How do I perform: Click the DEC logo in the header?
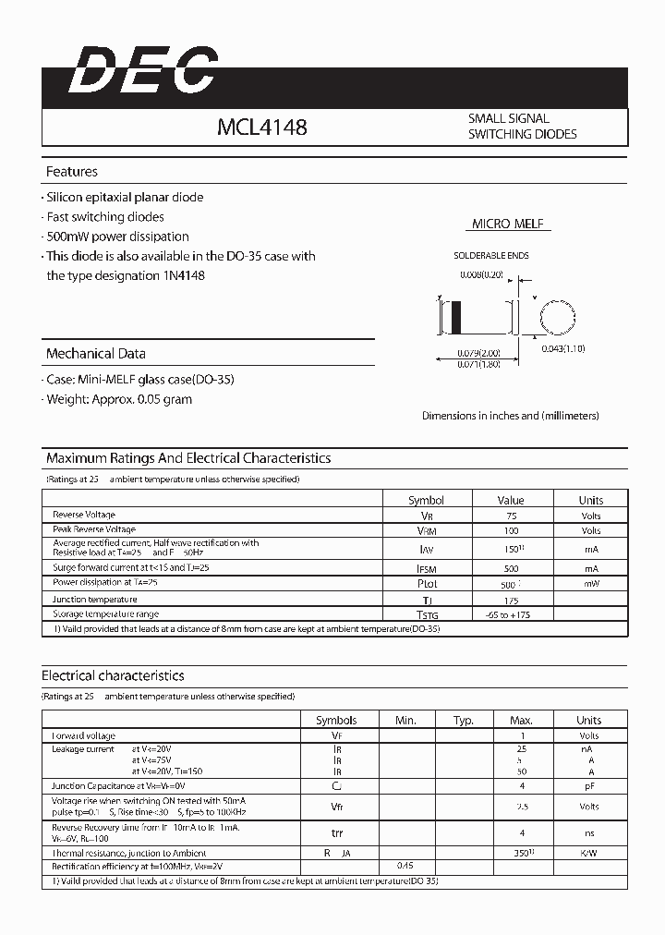coord(143,71)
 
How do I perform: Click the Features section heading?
coord(72,172)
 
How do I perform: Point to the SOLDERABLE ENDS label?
coord(491,255)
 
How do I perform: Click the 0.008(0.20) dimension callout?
coord(481,275)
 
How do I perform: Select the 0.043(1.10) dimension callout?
coord(563,348)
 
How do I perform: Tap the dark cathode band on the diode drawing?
coord(453,319)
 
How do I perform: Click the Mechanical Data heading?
coord(96,354)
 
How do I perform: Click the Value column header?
coord(510,500)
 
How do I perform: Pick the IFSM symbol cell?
coord(427,569)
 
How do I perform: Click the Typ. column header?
coord(464,720)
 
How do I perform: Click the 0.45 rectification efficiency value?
coord(405,867)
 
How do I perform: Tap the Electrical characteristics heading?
coord(113,676)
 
